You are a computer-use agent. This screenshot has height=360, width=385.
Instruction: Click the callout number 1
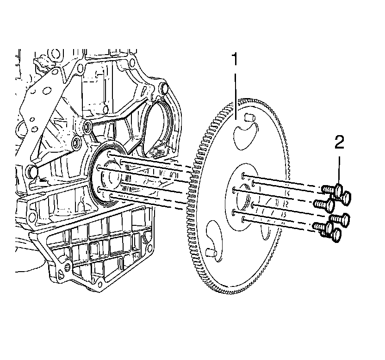pos(235,61)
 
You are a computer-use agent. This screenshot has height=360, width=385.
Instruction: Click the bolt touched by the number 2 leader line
pos(339,189)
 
